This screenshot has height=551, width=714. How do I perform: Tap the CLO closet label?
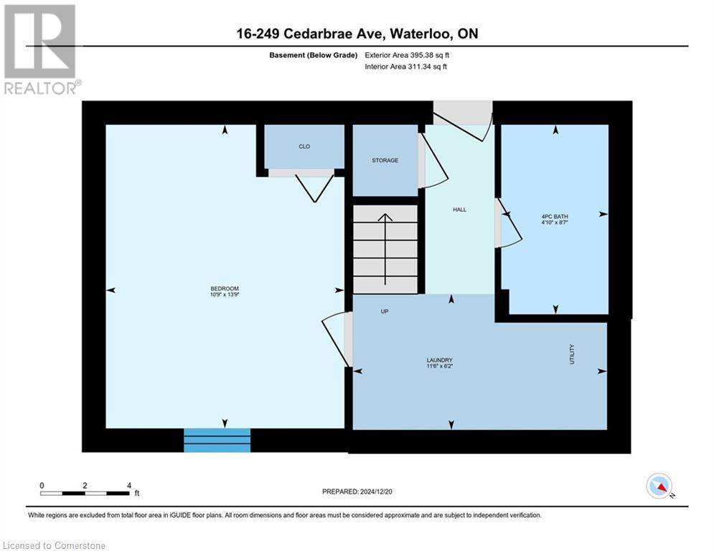pyautogui.click(x=304, y=146)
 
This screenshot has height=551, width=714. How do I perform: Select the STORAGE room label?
pyautogui.click(x=385, y=160)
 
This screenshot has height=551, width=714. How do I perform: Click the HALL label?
pyautogui.click(x=459, y=209)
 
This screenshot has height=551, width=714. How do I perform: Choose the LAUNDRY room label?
pyautogui.click(x=439, y=360)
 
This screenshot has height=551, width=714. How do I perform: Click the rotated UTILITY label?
pyautogui.click(x=572, y=354)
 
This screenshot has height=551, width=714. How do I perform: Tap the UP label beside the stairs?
pyautogui.click(x=385, y=311)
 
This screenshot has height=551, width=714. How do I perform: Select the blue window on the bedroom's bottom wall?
pyautogui.click(x=217, y=440)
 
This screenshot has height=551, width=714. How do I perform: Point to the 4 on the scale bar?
pyautogui.click(x=128, y=485)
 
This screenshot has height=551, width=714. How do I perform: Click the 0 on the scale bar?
pyautogui.click(x=42, y=485)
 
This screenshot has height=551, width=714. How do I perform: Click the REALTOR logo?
pyautogui.click(x=41, y=50)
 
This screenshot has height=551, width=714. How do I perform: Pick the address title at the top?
pyautogui.click(x=357, y=34)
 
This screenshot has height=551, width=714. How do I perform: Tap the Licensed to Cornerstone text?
pyautogui.click(x=55, y=545)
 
